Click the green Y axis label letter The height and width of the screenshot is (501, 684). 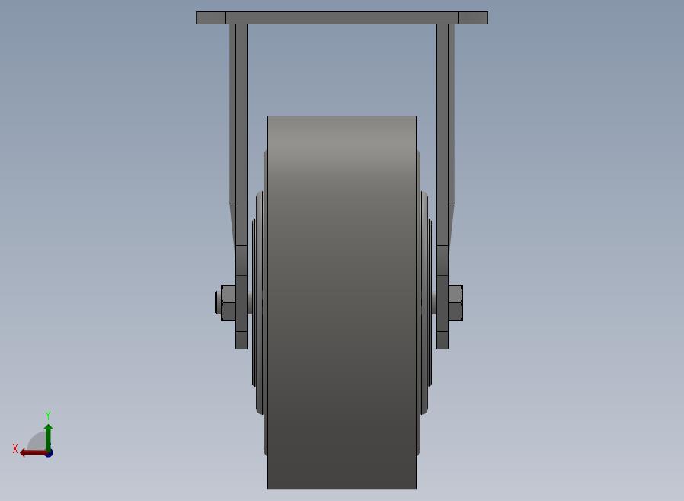click(x=48, y=415)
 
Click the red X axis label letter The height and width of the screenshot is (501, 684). click(x=15, y=448)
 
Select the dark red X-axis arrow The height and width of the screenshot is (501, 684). click(x=34, y=453)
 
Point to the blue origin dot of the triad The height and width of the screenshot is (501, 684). click(x=49, y=454)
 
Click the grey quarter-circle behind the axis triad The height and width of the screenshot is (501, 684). click(x=37, y=442)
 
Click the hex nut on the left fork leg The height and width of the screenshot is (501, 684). click(x=229, y=302)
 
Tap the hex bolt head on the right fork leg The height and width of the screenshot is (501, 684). click(x=455, y=302)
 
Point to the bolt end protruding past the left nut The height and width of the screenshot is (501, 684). click(x=218, y=302)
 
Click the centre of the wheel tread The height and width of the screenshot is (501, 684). click(x=342, y=302)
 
